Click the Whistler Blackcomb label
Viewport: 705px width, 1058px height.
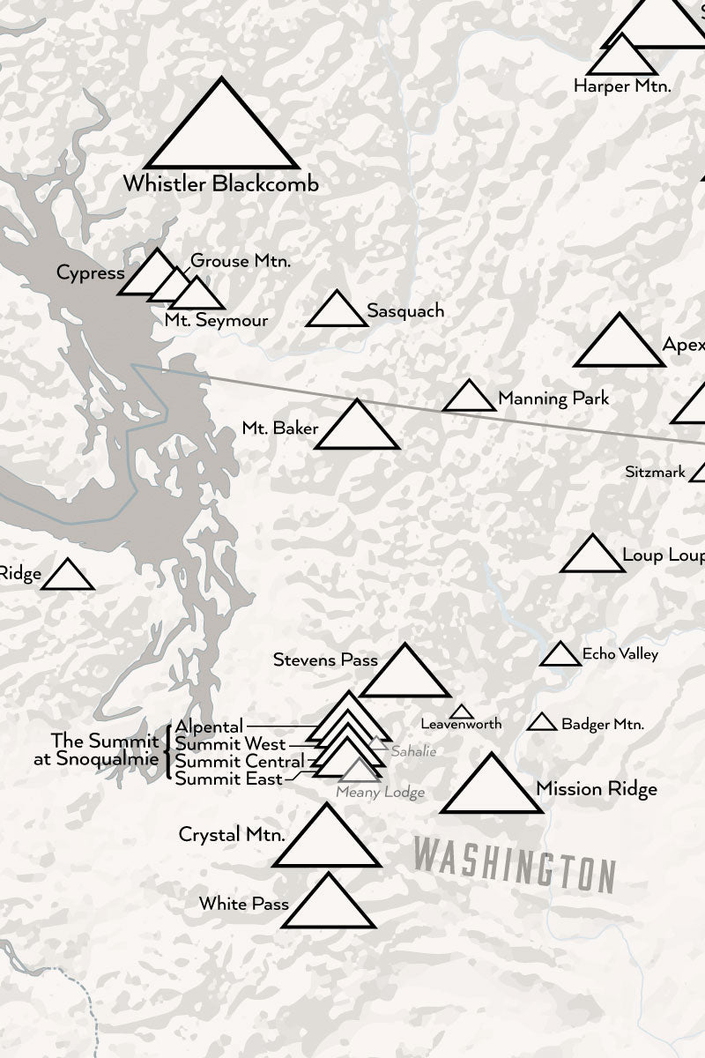[x=220, y=184]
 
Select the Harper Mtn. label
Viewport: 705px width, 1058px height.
[x=622, y=86]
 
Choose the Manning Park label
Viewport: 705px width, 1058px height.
[x=553, y=399]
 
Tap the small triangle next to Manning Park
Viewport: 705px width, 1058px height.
[x=469, y=399]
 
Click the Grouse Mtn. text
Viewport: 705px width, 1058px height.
[x=241, y=261]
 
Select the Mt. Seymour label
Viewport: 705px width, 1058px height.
[x=216, y=321]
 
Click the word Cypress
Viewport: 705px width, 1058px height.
[x=90, y=273]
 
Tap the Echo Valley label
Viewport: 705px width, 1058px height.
[x=620, y=654]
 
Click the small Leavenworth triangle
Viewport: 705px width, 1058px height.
[x=461, y=712]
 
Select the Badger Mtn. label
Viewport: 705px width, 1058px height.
[x=603, y=725]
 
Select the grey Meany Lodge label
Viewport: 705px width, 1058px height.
[x=380, y=793]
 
